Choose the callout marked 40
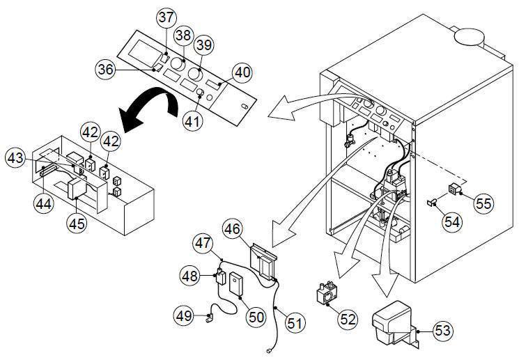coord(242,72)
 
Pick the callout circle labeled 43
coord(17,158)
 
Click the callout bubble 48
coord(190,276)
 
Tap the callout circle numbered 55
coord(483,203)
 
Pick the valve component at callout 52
coord(326,292)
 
